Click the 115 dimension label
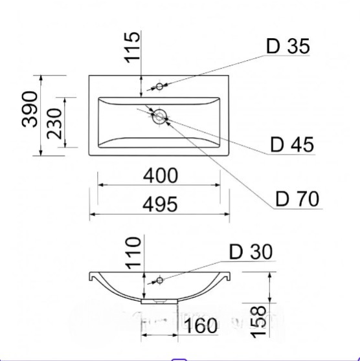tap(132, 47)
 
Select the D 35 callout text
tap(288, 47)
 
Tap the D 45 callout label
tap(292, 144)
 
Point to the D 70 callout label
tap(297, 199)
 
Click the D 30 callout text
tap(251, 252)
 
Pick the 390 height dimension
tap(29, 109)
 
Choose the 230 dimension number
tap(54, 124)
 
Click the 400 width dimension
tap(161, 175)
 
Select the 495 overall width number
tap(160, 204)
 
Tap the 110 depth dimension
tap(133, 253)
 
